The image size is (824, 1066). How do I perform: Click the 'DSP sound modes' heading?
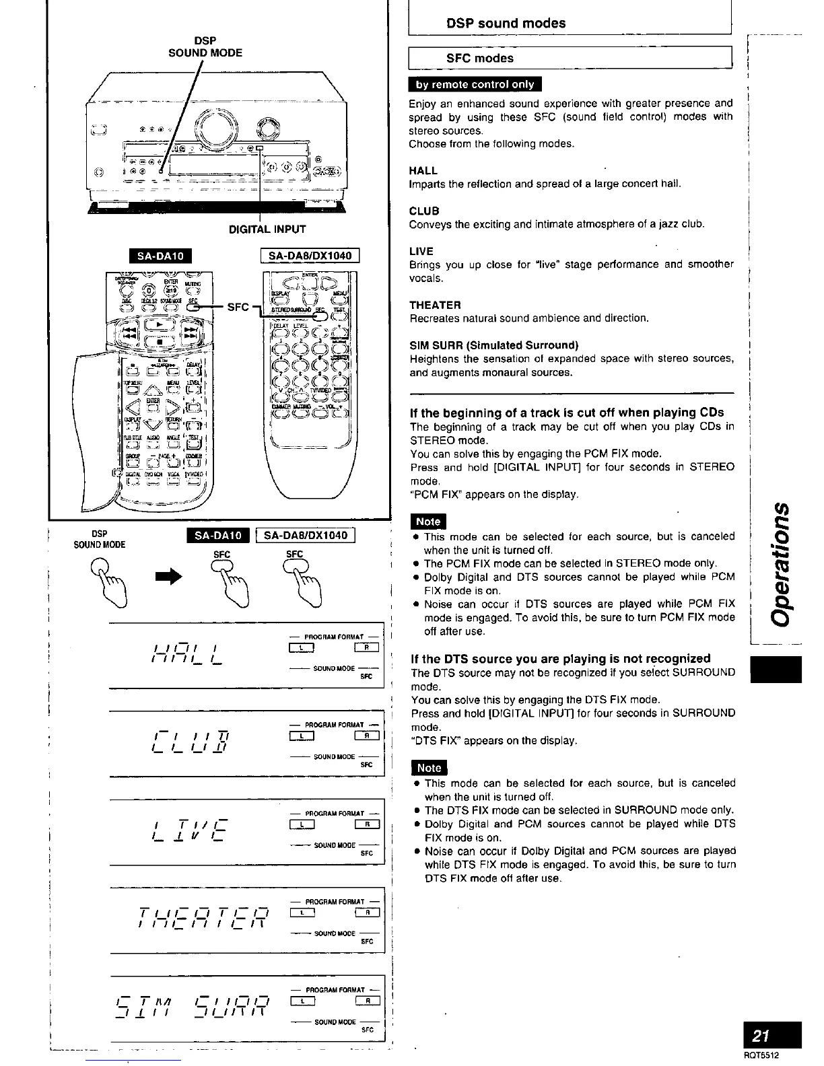coord(506,23)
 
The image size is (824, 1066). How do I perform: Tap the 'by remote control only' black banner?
coord(475,84)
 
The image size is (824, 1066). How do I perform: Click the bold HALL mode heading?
coord(423,171)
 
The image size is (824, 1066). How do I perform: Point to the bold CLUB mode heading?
coord(424,211)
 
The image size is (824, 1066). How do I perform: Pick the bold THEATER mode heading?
coord(435,305)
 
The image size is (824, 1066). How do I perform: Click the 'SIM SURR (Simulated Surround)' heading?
coord(494,345)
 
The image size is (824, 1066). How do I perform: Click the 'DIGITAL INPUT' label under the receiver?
coord(267,229)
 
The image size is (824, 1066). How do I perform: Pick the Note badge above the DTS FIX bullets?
coord(429,768)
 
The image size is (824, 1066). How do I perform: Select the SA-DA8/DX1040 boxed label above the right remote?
coord(310,256)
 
